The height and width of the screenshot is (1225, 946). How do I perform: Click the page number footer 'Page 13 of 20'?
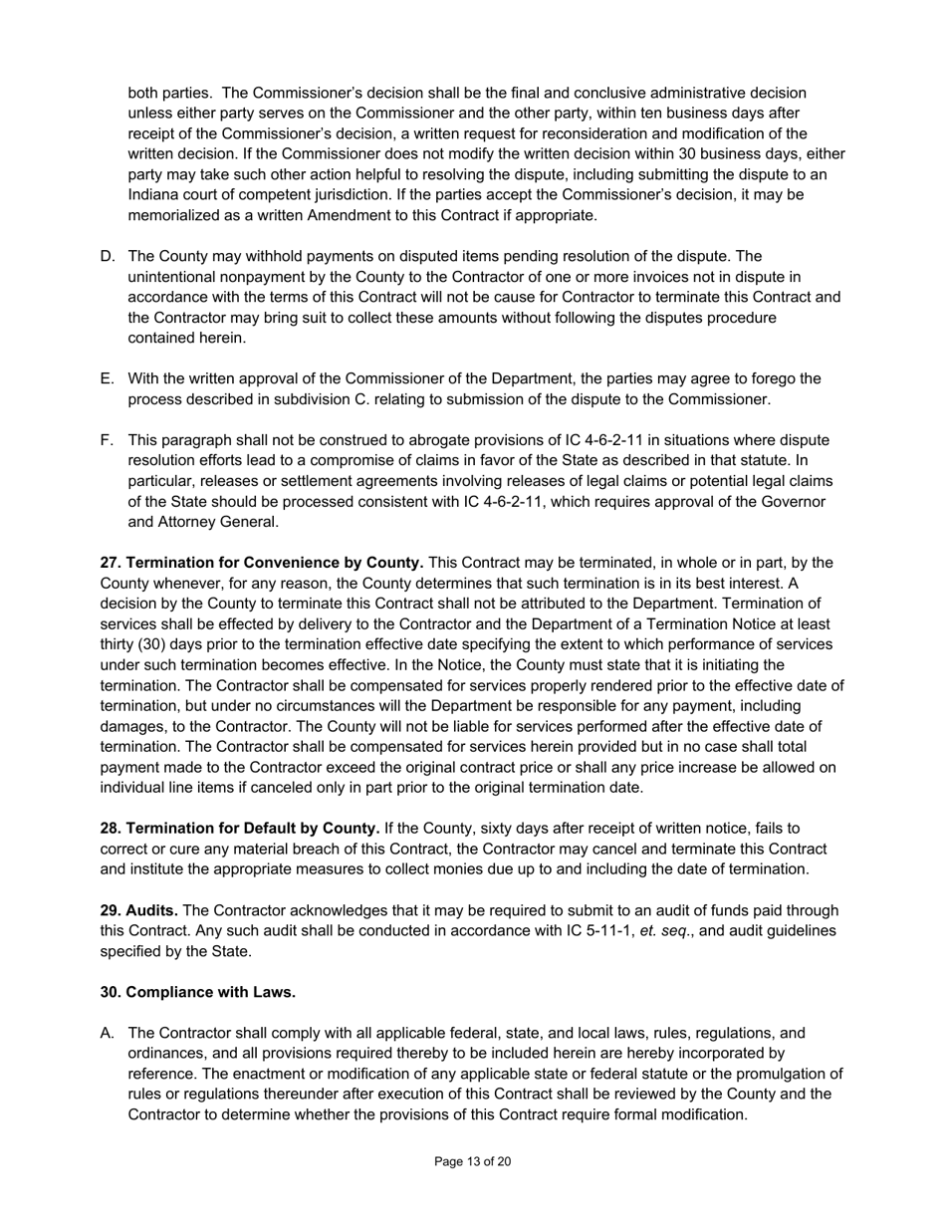click(472, 1161)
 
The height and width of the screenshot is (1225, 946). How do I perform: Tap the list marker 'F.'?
click(108, 440)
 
